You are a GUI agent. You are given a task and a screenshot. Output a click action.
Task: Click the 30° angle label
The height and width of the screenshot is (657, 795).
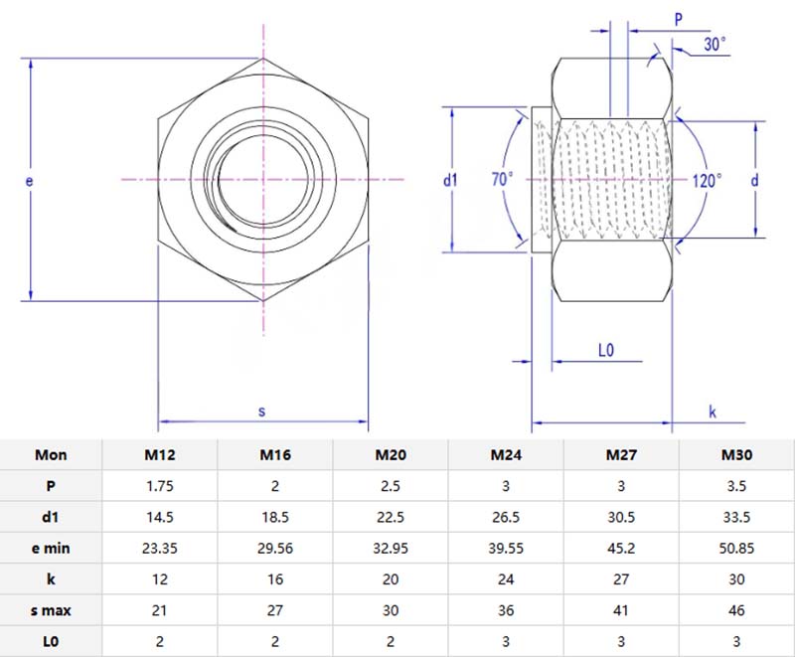pyautogui.click(x=715, y=44)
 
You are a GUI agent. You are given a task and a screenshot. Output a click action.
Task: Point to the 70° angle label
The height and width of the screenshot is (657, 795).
pyautogui.click(x=503, y=180)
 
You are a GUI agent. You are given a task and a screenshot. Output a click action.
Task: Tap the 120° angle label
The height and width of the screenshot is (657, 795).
pyautogui.click(x=707, y=180)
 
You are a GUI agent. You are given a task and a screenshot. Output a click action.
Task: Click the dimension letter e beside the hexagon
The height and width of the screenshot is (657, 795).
pyautogui.click(x=29, y=181)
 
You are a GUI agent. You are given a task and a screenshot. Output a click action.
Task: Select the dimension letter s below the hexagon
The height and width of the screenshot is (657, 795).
pyautogui.click(x=262, y=410)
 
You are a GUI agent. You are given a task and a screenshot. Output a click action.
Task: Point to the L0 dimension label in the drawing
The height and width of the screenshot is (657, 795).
pyautogui.click(x=607, y=350)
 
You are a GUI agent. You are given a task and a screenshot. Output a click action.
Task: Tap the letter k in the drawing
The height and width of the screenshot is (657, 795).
pyautogui.click(x=713, y=411)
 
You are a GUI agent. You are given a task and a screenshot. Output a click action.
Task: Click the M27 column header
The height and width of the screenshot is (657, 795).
pyautogui.click(x=621, y=455)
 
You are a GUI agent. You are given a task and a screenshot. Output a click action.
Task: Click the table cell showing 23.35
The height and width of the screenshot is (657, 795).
pyautogui.click(x=160, y=548)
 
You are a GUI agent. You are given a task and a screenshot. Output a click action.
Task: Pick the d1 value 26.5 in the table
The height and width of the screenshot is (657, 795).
pyautogui.click(x=506, y=517)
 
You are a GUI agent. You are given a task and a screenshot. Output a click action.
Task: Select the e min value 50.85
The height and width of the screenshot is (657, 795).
pyautogui.click(x=736, y=548)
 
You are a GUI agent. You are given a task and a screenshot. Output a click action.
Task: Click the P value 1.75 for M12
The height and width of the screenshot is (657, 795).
pyautogui.click(x=160, y=487)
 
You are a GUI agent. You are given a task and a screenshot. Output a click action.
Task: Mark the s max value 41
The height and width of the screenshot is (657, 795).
pyautogui.click(x=621, y=608)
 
